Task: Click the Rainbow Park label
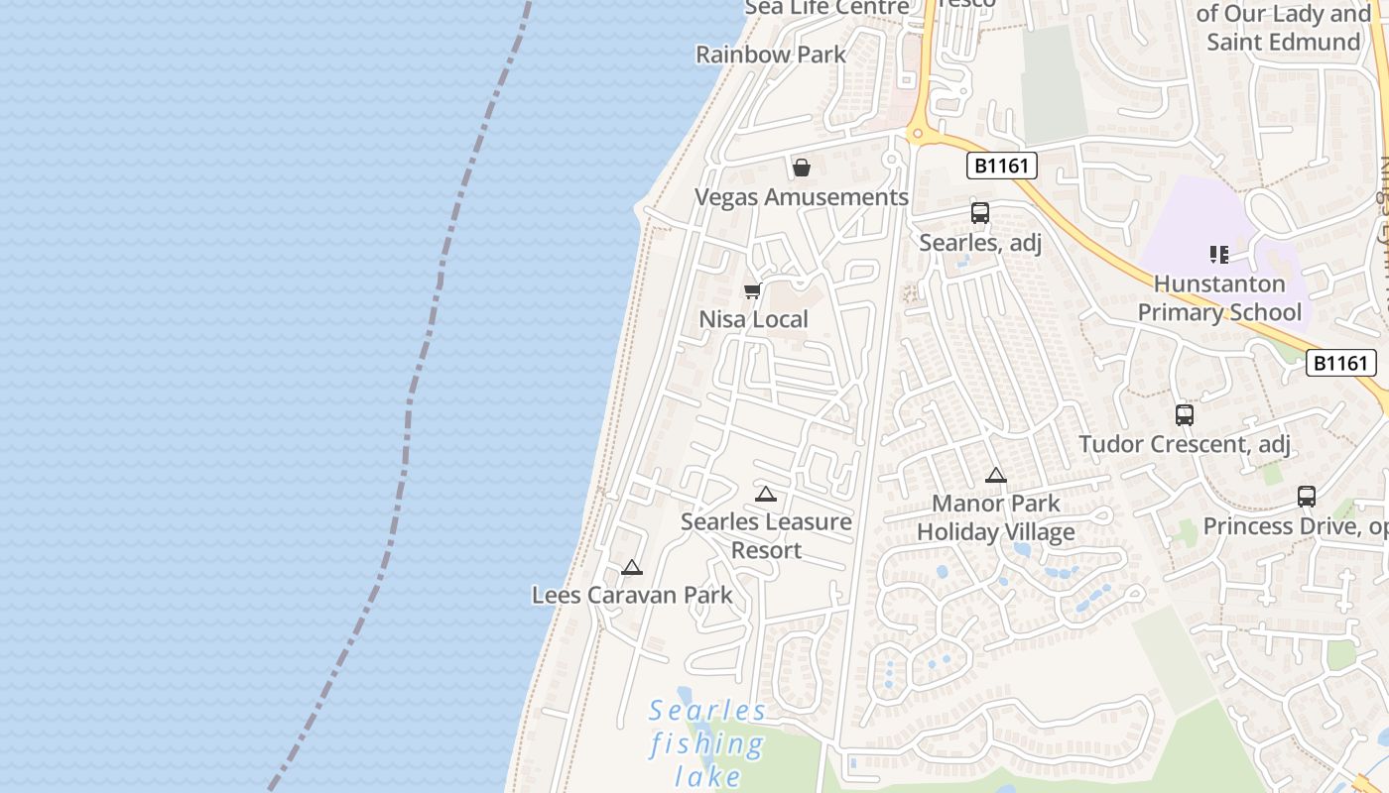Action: [x=771, y=55]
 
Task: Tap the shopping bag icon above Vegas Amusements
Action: [x=802, y=168]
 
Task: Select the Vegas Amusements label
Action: [x=801, y=197]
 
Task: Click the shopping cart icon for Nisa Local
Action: [x=753, y=290]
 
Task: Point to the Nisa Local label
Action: [x=754, y=319]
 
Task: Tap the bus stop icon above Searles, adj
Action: [x=980, y=213]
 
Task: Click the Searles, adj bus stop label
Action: [x=980, y=242]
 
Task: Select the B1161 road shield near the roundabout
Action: [x=1001, y=166]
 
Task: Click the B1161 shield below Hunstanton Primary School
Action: [x=1340, y=363]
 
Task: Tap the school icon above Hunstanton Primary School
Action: [x=1219, y=255]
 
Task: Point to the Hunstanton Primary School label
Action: [x=1219, y=298]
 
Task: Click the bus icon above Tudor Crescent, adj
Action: [x=1185, y=415]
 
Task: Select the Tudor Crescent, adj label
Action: [x=1185, y=444]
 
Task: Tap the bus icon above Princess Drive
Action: [x=1307, y=497]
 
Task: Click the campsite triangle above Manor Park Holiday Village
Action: [x=996, y=476]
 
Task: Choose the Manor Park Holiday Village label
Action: [x=996, y=517]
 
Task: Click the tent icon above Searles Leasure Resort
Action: [x=766, y=494]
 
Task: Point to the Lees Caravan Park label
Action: [x=632, y=596]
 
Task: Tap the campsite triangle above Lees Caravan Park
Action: [x=632, y=568]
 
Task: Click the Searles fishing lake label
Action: [x=707, y=742]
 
